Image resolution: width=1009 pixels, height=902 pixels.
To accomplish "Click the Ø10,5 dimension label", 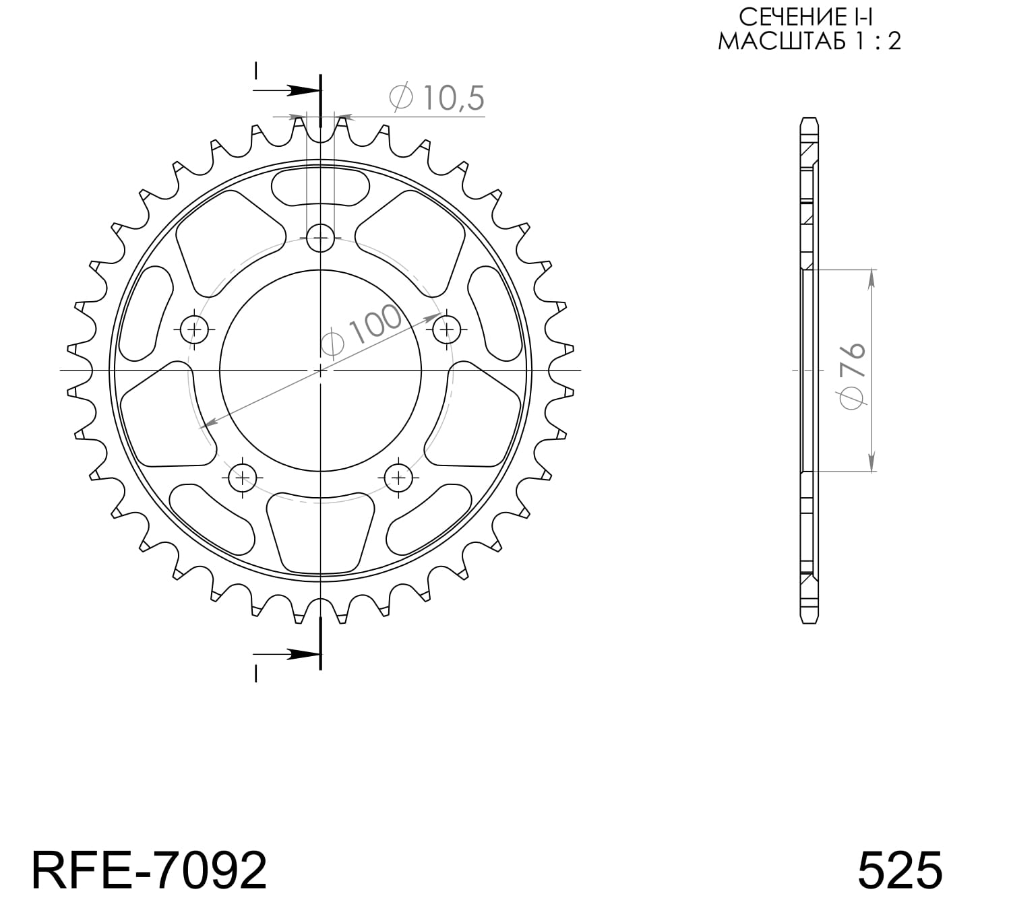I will pyautogui.click(x=437, y=98).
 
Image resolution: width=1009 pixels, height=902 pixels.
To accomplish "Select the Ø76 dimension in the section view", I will pyautogui.click(x=853, y=376).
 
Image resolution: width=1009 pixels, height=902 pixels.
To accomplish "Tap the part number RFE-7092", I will pyautogui.click(x=149, y=870).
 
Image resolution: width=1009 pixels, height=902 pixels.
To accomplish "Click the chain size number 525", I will pyautogui.click(x=899, y=870).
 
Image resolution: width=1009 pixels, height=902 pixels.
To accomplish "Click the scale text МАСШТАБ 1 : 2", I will pyautogui.click(x=808, y=41).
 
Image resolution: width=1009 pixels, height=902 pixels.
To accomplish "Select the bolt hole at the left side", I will pyautogui.click(x=195, y=329).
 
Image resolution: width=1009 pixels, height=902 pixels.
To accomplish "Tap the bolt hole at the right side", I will pyautogui.click(x=446, y=329).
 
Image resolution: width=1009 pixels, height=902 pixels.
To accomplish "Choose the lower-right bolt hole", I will pyautogui.click(x=399, y=478).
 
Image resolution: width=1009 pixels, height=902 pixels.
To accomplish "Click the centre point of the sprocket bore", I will pyautogui.click(x=320, y=370).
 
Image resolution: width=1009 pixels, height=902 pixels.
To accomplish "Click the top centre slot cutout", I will pyautogui.click(x=320, y=185).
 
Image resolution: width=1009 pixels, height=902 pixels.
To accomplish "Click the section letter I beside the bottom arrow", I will pyautogui.click(x=255, y=673).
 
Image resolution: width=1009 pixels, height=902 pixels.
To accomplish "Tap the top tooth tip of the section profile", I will pyautogui.click(x=809, y=122).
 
